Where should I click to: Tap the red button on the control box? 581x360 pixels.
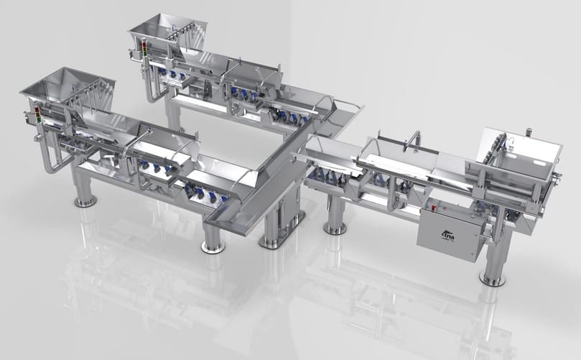[435, 209]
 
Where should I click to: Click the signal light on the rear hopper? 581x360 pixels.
[143, 48]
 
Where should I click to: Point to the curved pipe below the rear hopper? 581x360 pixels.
[151, 91]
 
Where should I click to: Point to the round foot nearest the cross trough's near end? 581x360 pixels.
[212, 246]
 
